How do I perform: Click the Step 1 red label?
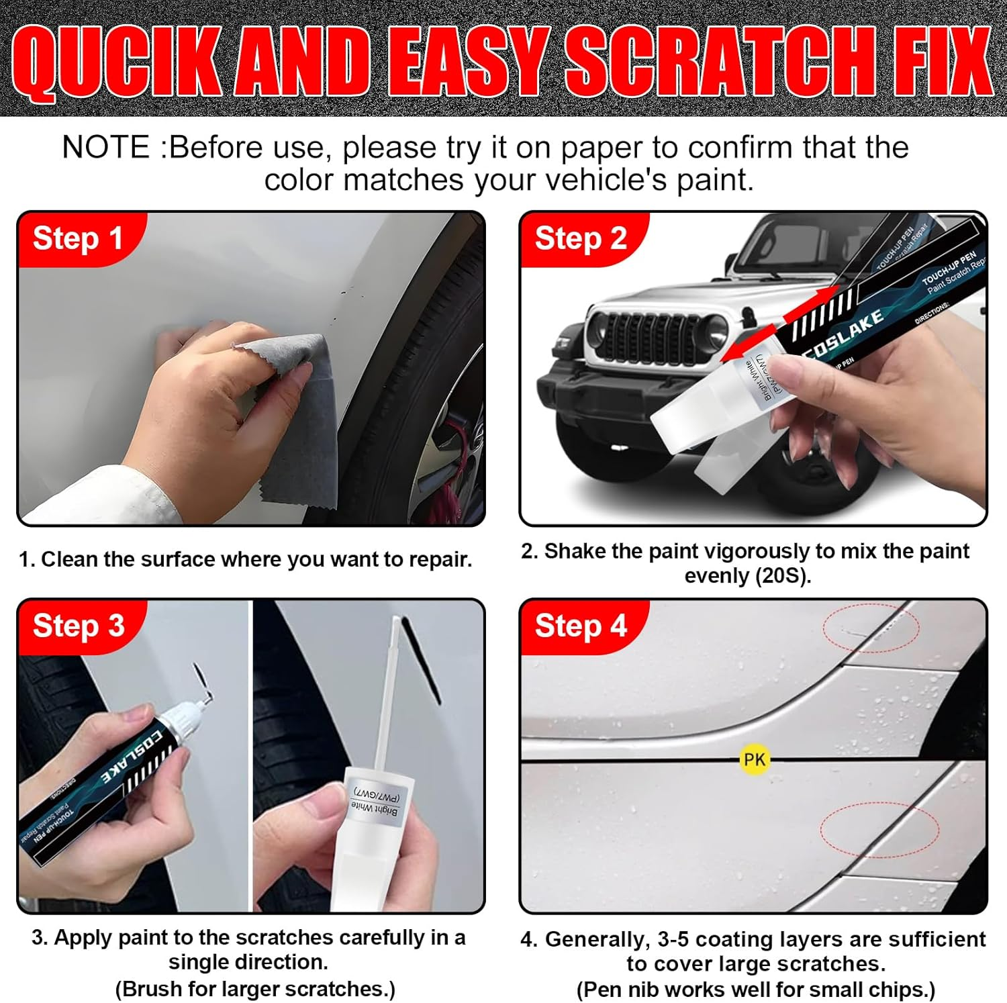click(77, 239)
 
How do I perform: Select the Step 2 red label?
click(581, 239)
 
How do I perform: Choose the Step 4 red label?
click(581, 626)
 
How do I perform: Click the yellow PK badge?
click(754, 759)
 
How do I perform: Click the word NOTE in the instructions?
click(106, 147)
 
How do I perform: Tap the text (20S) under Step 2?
click(781, 576)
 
